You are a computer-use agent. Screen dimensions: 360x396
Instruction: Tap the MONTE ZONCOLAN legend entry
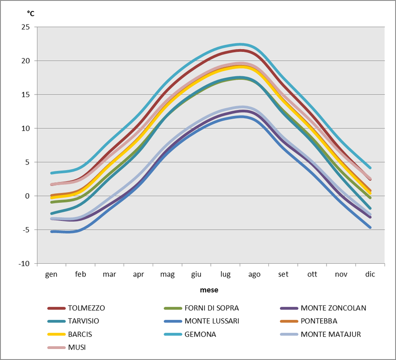333,308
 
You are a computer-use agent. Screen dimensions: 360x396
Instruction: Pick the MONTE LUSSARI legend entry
212,321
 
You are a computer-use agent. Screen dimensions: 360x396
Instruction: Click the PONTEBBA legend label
319,321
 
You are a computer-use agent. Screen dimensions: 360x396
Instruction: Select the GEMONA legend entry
201,334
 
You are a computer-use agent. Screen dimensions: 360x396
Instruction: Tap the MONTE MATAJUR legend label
330,334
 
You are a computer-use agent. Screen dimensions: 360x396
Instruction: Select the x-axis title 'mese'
209,290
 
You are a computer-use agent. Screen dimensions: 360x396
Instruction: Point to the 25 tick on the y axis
26,27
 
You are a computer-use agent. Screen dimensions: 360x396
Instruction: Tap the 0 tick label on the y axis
27,196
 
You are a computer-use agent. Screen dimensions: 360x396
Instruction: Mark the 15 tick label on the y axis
26,95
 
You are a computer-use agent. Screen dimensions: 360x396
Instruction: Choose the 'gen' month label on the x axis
51,274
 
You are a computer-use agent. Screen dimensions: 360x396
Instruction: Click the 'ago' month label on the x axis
254,274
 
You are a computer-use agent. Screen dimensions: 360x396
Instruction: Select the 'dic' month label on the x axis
370,274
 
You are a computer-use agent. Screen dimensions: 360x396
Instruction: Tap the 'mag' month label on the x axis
167,275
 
